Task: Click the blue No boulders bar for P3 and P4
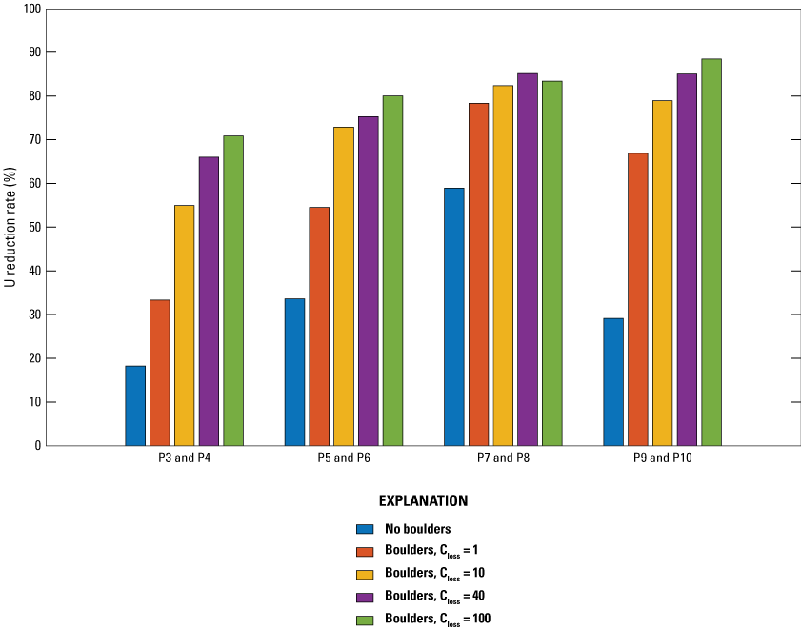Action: (x=135, y=405)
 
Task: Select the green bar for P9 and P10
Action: (x=711, y=253)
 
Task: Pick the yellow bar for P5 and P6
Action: (x=343, y=286)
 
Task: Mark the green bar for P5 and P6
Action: (x=392, y=271)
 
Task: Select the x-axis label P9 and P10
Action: (x=663, y=458)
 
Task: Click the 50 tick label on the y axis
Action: (x=34, y=228)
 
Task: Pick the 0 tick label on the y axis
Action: (x=38, y=446)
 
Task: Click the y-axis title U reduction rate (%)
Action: (x=10, y=228)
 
